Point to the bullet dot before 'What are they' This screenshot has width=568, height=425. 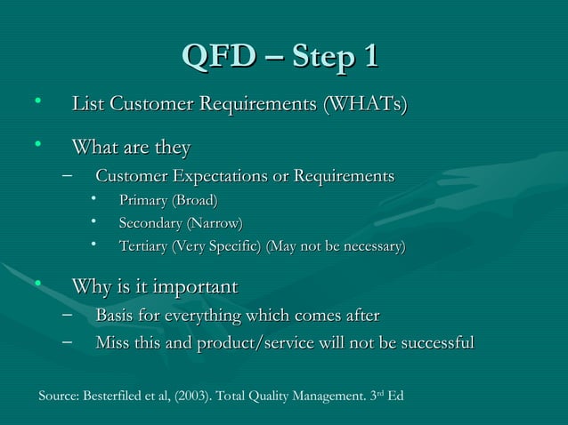38,142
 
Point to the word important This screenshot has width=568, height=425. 196,287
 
